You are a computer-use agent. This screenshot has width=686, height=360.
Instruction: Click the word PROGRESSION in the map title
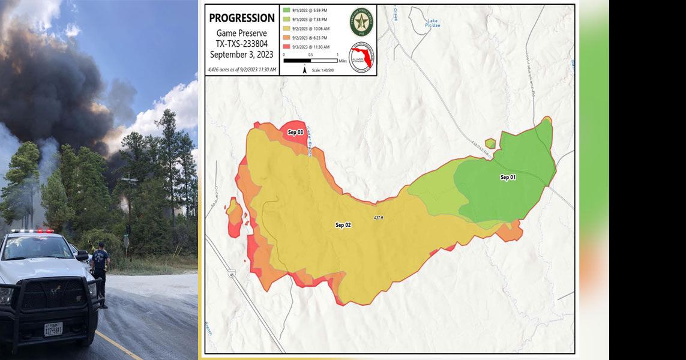point(242,19)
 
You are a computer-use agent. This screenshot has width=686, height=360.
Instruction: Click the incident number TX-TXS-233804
point(242,44)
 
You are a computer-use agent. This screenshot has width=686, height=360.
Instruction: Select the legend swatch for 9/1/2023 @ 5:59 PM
point(287,10)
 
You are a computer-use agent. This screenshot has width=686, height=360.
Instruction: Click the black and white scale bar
point(310,61)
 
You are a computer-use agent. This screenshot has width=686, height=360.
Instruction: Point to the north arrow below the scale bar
point(305,70)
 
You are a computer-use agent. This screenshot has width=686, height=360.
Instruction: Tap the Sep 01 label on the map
point(508,178)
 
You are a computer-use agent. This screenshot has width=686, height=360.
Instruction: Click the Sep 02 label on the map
point(343,225)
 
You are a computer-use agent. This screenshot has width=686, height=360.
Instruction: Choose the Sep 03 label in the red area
point(295,132)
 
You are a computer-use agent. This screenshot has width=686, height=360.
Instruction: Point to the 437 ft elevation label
point(378,217)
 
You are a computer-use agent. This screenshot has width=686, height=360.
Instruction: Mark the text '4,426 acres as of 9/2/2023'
point(242,70)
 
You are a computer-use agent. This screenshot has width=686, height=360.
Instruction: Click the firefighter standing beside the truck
point(101,273)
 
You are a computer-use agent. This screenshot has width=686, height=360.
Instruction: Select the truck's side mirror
point(82,255)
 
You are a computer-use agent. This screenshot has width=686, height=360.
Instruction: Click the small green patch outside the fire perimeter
point(490,143)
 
